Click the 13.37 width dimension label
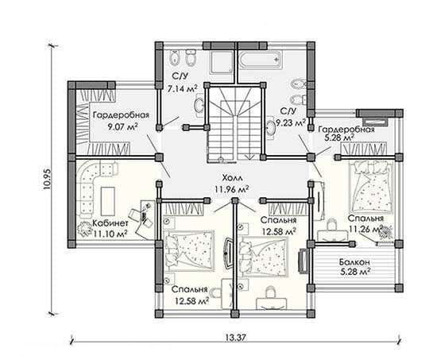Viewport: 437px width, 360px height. [x=235, y=338]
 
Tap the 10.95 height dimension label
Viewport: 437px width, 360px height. [x=47, y=179]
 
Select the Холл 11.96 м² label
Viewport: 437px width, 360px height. [x=232, y=184]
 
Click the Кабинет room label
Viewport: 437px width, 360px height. [x=110, y=223]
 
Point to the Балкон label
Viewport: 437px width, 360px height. [x=354, y=262]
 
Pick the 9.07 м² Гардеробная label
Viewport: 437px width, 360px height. [x=121, y=121]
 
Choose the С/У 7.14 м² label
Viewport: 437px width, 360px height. [x=182, y=83]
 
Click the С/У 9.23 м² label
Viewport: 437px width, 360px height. [x=291, y=117]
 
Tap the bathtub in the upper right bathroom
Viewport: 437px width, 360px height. [x=261, y=60]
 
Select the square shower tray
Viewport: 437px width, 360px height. [x=222, y=62]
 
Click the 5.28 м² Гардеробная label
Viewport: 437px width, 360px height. [x=346, y=134]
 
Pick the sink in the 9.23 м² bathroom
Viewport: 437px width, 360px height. [x=270, y=127]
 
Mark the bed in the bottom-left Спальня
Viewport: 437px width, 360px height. [x=190, y=250]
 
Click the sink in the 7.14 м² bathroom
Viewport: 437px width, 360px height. [x=199, y=106]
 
